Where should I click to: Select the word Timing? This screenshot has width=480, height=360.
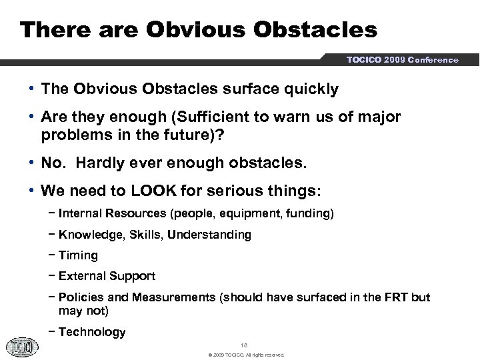[x=78, y=255]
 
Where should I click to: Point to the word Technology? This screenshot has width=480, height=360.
[x=92, y=332]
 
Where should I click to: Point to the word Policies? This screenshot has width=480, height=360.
[x=81, y=297]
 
